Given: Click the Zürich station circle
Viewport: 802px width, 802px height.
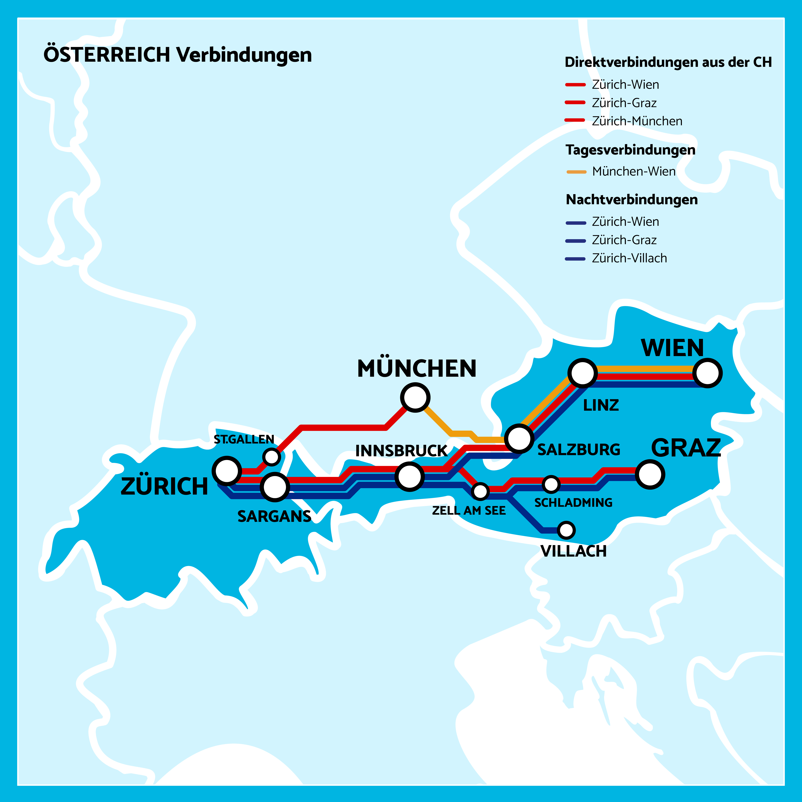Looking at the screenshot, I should coord(227,471).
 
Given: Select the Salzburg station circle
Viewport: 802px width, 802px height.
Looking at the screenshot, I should coord(519,438).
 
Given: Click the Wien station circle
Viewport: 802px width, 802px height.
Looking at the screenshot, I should coord(707,373).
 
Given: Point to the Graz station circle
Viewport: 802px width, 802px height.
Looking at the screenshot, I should coord(650,474).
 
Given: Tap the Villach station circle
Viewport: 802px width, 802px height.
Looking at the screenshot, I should coord(566,530).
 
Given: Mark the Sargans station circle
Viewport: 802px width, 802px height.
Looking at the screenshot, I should coord(275,487).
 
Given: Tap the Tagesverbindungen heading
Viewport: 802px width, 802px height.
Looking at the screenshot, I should coord(630,150).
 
